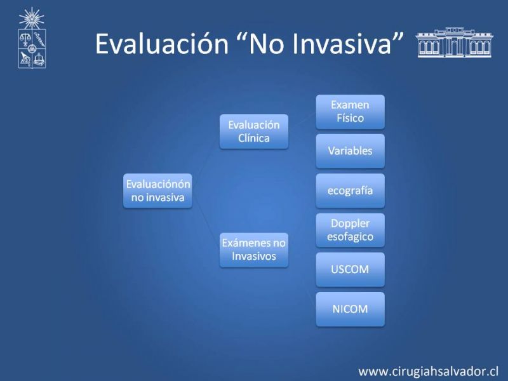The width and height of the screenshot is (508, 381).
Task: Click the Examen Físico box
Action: tap(351, 112)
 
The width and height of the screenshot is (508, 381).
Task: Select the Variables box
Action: tap(351, 151)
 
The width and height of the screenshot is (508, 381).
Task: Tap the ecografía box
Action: tap(351, 190)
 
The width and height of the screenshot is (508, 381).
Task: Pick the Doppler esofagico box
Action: tap(351, 230)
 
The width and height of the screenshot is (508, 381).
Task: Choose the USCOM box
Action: tap(351, 269)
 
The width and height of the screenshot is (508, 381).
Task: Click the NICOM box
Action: tap(351, 309)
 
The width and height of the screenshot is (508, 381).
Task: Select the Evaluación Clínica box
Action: tap(254, 131)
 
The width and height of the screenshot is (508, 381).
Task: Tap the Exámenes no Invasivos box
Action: tap(254, 250)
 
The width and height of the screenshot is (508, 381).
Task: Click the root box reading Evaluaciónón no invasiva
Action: tap(157, 191)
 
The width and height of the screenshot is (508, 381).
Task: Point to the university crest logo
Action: tap(32, 38)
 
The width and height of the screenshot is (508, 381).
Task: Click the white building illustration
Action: tap(454, 43)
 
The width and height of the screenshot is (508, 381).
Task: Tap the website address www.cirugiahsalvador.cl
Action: tap(428, 371)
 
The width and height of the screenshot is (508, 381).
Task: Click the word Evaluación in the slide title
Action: tap(162, 43)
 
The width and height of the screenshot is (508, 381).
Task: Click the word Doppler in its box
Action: tap(351, 224)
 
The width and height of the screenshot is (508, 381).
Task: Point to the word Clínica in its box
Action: tap(254, 138)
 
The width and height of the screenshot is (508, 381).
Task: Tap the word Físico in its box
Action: tap(351, 118)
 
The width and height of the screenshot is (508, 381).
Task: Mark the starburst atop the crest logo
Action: tap(31, 18)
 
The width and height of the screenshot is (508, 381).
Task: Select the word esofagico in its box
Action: tap(351, 237)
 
